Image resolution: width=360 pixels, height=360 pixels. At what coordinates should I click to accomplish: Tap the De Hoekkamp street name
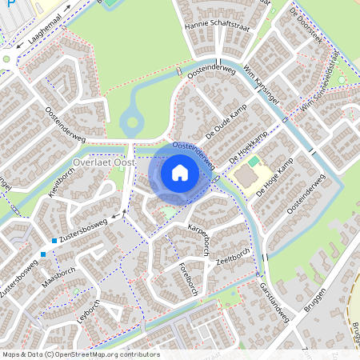247,149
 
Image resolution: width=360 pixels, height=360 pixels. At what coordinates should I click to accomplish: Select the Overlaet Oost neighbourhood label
102,162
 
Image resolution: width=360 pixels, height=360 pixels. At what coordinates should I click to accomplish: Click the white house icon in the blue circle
180,172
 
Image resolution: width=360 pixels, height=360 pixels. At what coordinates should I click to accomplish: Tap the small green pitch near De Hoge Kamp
254,162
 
